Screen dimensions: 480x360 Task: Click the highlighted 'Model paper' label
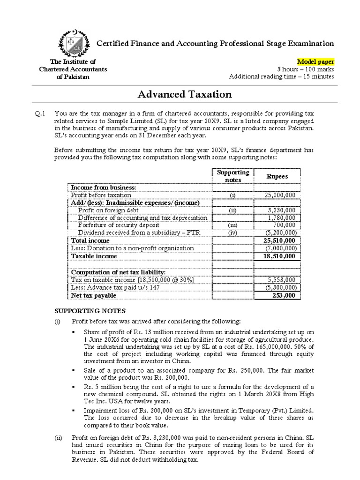point(316,62)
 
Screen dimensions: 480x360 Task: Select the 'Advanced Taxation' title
point(185,94)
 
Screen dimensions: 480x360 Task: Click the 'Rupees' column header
point(277,176)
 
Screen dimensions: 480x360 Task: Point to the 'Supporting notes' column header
point(233,176)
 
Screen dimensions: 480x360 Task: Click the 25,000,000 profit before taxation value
point(280,195)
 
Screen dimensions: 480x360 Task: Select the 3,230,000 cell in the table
point(282,210)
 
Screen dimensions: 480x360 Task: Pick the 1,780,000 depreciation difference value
point(282,217)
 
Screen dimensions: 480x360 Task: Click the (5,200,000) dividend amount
point(280,232)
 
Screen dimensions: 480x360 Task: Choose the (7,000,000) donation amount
point(280,248)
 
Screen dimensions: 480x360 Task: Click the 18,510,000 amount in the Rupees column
point(280,256)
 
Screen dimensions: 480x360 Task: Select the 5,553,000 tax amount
point(282,280)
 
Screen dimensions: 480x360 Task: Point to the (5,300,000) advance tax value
point(280,287)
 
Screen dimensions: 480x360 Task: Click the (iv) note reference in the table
point(233,232)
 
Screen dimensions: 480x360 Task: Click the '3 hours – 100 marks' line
point(311,69)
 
